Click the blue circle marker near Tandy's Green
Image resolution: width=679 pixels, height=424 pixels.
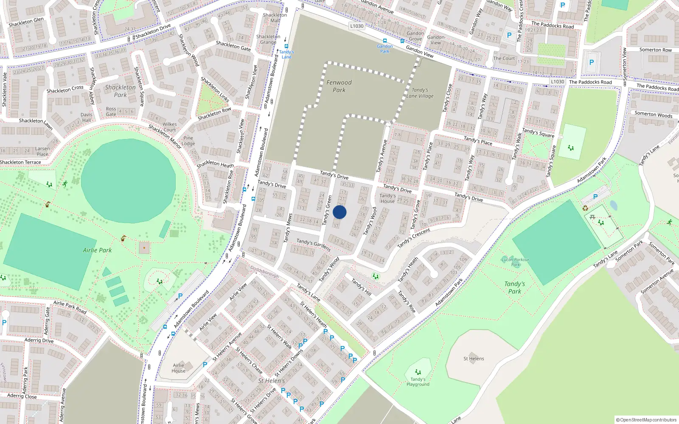[339, 212]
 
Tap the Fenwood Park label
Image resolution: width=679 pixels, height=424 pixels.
[339, 86]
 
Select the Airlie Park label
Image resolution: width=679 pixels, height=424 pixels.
[97, 250]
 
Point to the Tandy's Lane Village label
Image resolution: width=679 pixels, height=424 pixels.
[420, 93]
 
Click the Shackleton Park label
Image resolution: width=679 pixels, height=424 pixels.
[120, 91]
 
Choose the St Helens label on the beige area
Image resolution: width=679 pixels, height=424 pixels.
[474, 359]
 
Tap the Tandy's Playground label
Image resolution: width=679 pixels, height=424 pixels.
[418, 382]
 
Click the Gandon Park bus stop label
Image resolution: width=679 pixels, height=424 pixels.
[384, 49]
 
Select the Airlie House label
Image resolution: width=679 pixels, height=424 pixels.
[179, 368]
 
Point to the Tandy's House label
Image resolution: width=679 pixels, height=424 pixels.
[387, 198]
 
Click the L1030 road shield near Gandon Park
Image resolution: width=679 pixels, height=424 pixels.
[357, 26]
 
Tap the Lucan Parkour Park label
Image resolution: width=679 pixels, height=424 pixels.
[515, 262]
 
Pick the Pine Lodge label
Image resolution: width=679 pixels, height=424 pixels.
[188, 141]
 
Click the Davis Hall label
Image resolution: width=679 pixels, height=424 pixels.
[87, 117]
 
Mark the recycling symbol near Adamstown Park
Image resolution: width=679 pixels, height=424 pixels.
[585, 208]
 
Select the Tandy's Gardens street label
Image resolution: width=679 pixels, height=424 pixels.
[314, 244]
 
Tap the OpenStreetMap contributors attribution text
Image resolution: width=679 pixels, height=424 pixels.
[646, 420]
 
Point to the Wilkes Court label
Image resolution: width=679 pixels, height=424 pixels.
[170, 127]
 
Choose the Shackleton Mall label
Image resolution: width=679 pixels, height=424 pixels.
[275, 18]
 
